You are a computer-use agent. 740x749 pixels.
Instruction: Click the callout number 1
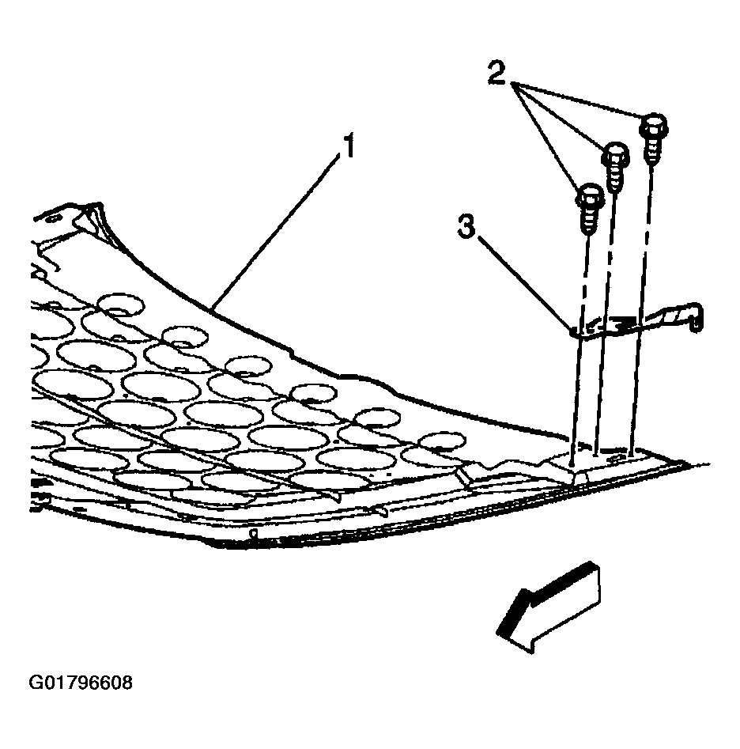coord(349,146)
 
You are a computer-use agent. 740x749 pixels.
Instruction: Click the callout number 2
coord(497,73)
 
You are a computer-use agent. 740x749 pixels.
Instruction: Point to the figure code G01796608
coord(80,683)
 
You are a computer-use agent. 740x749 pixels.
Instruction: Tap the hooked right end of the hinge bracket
coord(695,316)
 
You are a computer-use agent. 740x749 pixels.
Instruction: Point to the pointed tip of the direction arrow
coord(498,633)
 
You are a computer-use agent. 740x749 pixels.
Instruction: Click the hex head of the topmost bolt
coord(654,124)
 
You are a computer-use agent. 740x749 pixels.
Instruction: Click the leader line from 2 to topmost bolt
coord(580,100)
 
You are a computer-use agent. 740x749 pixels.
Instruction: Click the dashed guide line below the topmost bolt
coord(642,306)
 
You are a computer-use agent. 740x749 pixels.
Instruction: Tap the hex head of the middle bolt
coord(617,153)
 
